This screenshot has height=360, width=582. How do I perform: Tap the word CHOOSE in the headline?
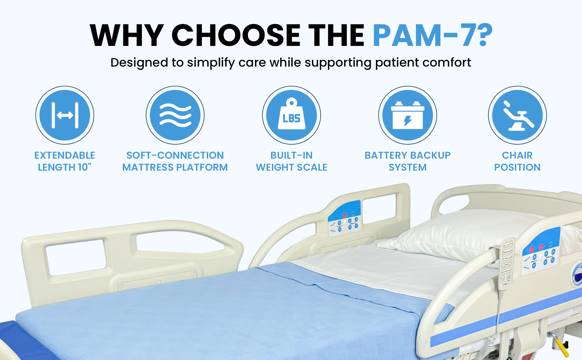(236, 35)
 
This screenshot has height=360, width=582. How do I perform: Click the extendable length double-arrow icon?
(65, 115)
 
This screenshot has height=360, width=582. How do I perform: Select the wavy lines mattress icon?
(175, 115)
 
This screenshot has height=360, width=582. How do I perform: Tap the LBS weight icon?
(291, 115)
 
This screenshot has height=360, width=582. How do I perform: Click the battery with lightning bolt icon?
(407, 115)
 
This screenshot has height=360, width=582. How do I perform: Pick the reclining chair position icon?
(517, 115)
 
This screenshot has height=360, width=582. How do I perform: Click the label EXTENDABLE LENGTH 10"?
(65, 161)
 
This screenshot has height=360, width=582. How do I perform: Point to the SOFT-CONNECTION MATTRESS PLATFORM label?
(175, 161)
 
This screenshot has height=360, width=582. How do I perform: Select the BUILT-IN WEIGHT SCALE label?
(291, 161)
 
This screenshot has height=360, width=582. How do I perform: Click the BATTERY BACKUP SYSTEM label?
(407, 161)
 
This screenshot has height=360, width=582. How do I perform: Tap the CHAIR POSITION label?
(517, 161)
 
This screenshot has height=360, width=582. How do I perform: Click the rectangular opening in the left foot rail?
(76, 257)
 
